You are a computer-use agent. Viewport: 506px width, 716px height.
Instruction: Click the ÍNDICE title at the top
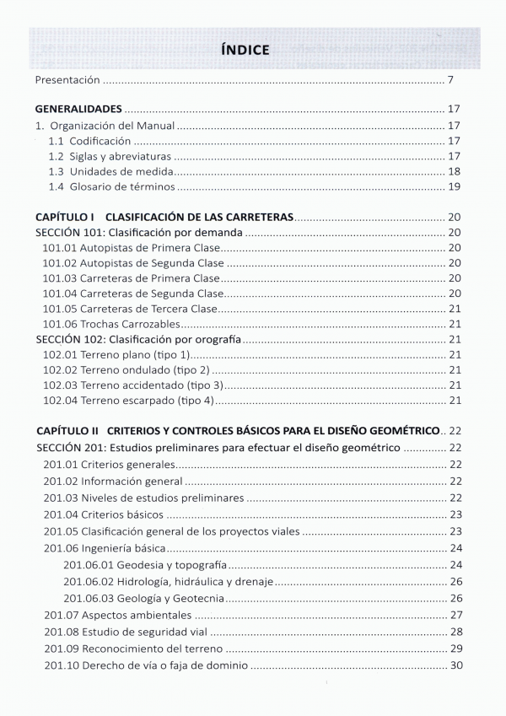245,50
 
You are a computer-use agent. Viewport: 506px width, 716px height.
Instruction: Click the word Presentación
67,80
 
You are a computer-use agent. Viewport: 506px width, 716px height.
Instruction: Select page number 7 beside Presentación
452,80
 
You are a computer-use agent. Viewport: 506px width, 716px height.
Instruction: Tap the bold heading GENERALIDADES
78,110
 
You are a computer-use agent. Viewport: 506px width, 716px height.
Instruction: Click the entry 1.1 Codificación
89,141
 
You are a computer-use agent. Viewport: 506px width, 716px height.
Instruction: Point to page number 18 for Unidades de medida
453,171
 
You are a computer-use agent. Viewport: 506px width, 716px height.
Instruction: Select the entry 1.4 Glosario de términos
111,187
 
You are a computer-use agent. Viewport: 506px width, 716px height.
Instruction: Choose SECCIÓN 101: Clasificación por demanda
139,232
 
